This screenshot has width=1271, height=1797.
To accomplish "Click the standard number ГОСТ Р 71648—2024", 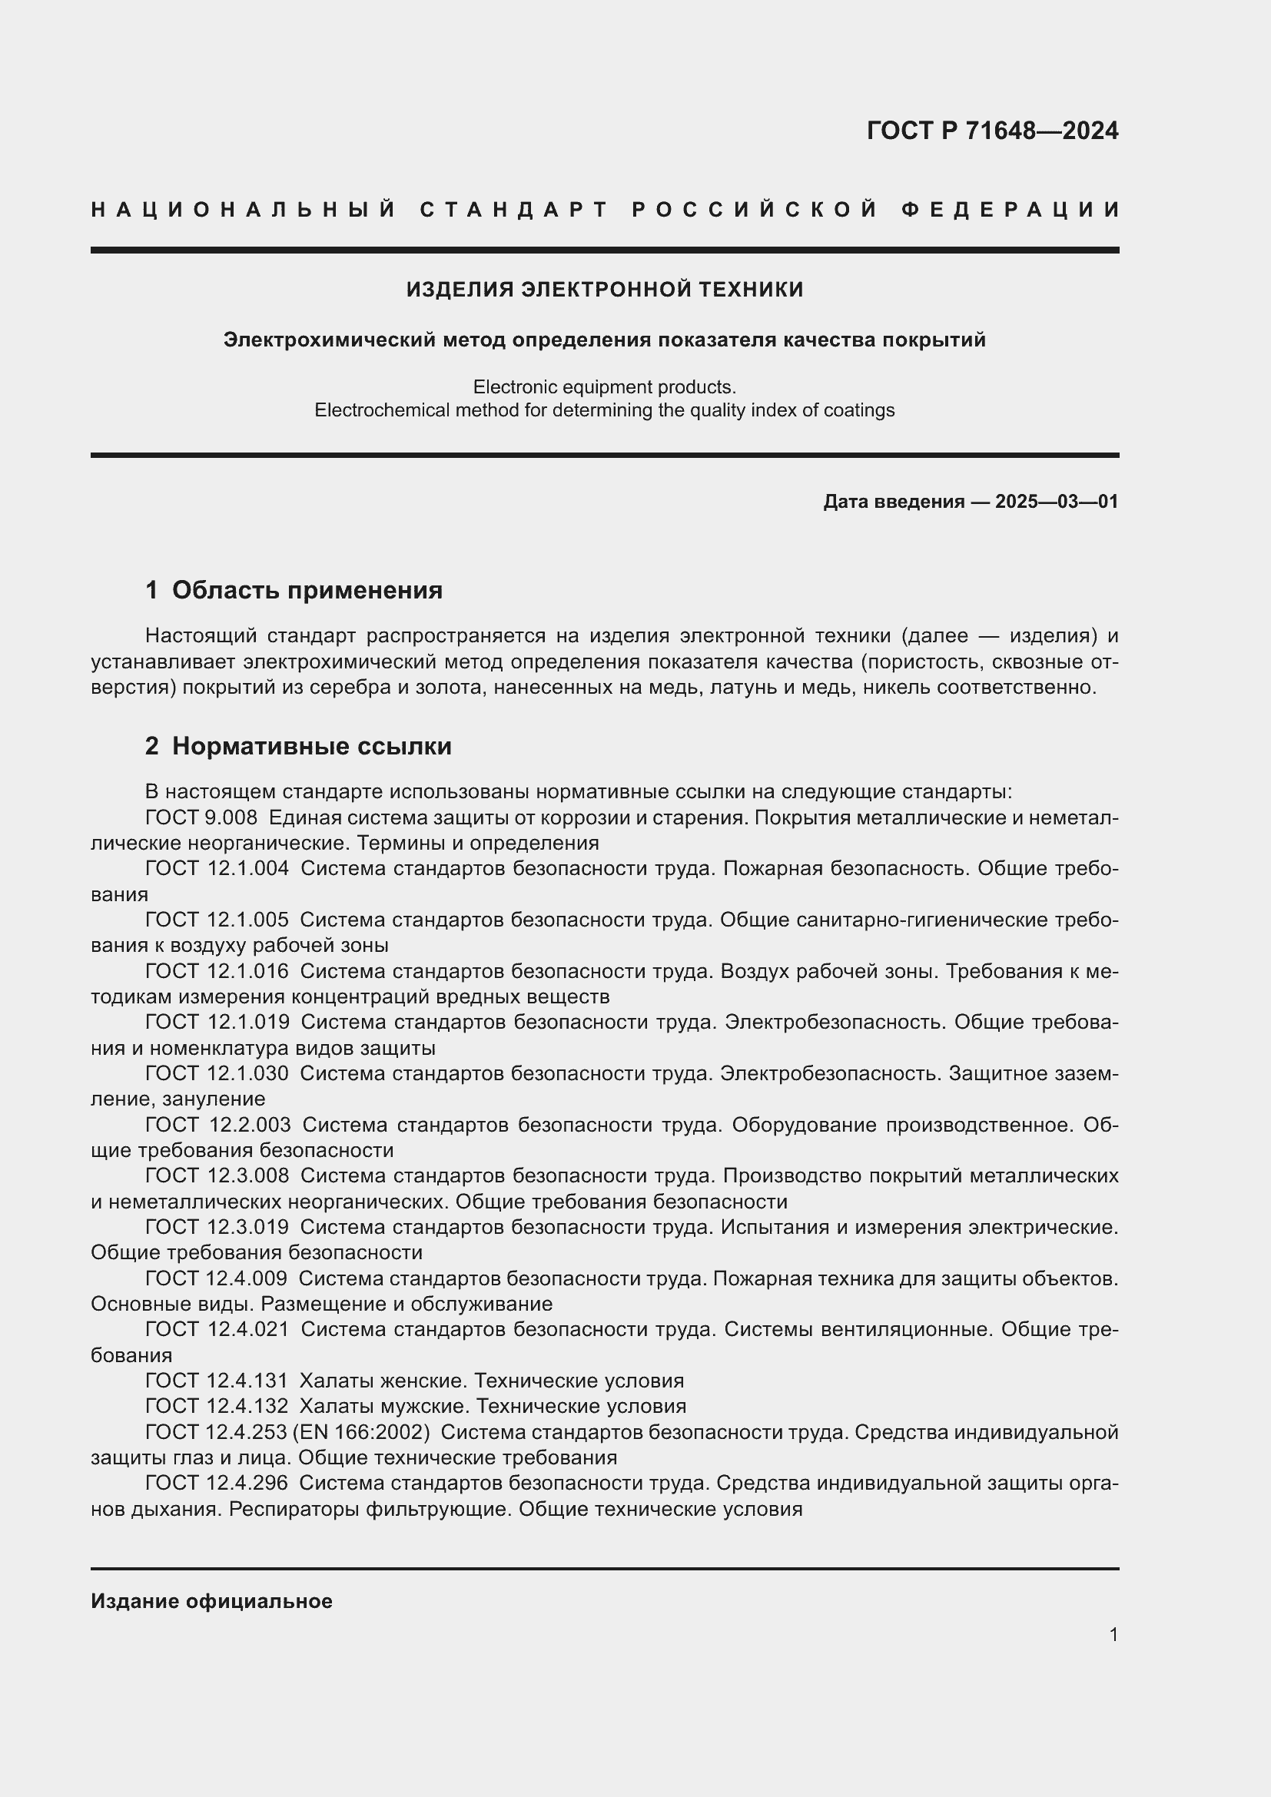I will point(991,131).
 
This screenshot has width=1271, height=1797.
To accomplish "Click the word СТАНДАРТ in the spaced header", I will point(515,210).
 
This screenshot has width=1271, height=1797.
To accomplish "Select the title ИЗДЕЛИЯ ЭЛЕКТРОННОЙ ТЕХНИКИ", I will point(604,290).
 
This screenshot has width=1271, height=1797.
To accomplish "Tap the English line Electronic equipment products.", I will point(604,386).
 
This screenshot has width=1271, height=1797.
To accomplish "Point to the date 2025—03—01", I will point(1057,502).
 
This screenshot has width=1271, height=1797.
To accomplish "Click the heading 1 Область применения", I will point(294,589).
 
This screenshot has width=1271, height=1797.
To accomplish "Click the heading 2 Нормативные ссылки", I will point(298,746).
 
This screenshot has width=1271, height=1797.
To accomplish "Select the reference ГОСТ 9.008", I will point(201,818).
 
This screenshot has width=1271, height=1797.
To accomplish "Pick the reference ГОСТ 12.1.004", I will point(217,869).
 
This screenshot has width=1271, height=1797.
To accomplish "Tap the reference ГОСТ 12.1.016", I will point(217,971).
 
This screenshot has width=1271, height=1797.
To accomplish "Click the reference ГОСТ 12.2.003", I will point(217,1125).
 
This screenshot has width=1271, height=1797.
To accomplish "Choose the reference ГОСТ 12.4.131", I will point(217,1381).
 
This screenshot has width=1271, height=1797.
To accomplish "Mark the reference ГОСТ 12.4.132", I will point(217,1407).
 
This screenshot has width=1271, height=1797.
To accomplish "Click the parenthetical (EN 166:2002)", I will point(362,1432).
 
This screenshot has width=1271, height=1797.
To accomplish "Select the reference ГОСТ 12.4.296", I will point(217,1483).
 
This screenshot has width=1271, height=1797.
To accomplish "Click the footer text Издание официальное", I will point(211,1601).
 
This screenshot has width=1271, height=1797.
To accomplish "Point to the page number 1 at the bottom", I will point(1113,1635).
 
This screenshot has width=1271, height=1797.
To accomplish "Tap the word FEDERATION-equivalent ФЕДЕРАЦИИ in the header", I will point(1010,210).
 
